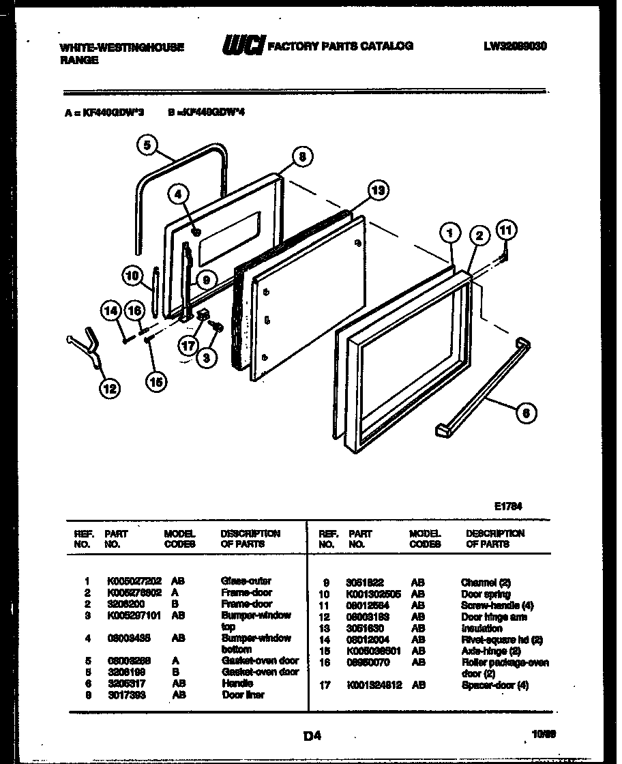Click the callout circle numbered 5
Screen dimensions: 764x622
pos(147,144)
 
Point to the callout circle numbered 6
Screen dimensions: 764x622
pos(526,412)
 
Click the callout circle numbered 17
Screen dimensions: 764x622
pos(189,346)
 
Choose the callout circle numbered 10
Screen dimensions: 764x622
pos(133,276)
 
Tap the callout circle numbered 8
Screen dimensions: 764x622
pos(303,156)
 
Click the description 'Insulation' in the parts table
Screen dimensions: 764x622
pos(482,628)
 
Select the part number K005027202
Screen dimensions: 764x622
pos(134,581)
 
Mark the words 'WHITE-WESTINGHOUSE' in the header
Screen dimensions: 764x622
pos(122,48)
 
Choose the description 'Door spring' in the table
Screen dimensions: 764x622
pos(485,594)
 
